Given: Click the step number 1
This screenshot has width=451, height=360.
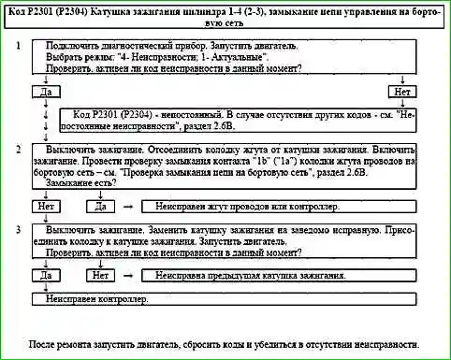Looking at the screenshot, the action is click(19, 45).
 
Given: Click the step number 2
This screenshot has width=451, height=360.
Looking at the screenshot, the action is click(19, 149).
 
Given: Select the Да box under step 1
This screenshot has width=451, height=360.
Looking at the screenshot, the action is click(45, 93).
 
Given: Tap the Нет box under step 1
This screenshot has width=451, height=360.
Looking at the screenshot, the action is click(404, 93).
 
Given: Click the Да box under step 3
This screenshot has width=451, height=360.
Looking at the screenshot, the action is click(45, 276).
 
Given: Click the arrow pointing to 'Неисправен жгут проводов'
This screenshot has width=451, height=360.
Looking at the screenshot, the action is click(129, 206).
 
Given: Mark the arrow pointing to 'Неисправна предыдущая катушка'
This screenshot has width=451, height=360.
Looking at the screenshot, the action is click(129, 276).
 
